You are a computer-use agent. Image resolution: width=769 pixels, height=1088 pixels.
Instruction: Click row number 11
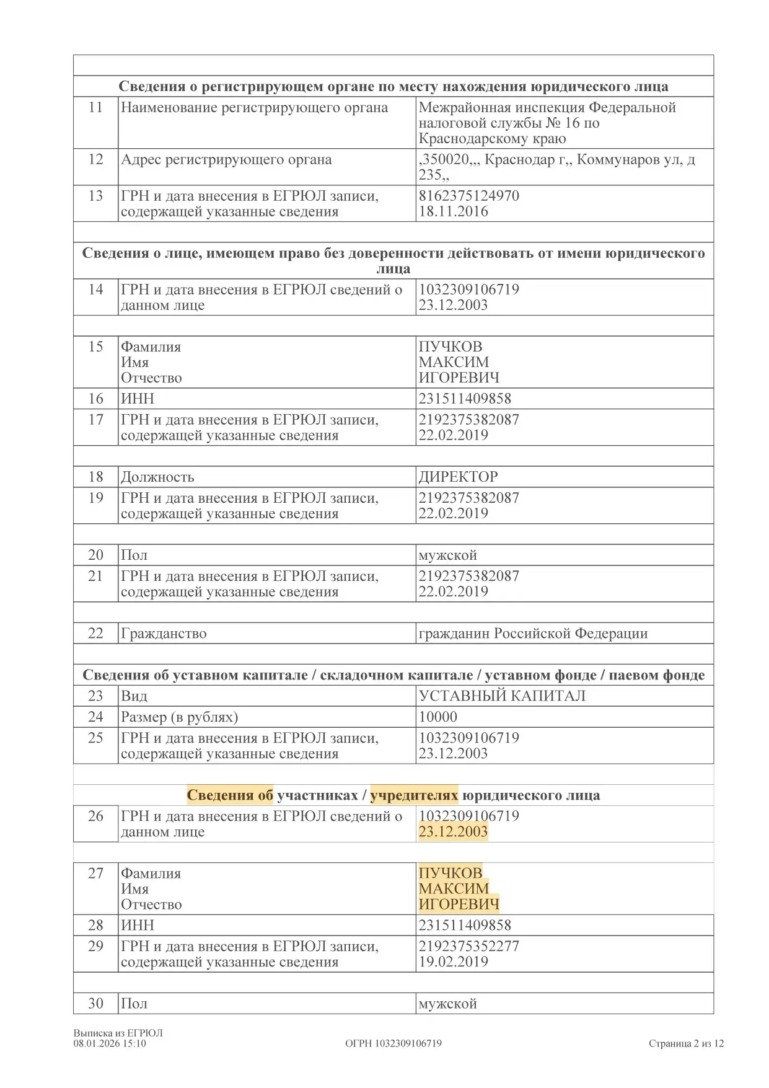[95, 107]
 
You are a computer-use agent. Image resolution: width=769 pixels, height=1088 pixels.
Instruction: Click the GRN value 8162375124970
[468, 196]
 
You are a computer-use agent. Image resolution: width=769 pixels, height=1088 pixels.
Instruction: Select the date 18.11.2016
[453, 211]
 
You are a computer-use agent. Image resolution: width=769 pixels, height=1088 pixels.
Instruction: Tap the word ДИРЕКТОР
[458, 477]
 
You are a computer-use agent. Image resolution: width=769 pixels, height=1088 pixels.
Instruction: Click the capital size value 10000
[437, 717]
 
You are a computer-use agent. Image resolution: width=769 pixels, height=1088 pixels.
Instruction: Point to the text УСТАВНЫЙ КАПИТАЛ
[501, 696]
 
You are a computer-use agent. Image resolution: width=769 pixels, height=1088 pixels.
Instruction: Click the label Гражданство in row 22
[164, 634]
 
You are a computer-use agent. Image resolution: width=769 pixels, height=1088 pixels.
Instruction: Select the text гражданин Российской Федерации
[533, 634]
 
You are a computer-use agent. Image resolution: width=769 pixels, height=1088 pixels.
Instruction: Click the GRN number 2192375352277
[468, 946]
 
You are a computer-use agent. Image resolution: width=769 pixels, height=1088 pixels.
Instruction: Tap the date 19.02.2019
[453, 962]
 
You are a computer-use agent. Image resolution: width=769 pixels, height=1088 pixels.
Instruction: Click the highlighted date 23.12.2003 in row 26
[453, 831]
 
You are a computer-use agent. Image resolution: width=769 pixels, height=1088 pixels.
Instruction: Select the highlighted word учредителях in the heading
[414, 795]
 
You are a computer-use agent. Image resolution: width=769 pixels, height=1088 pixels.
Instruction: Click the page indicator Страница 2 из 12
[686, 1043]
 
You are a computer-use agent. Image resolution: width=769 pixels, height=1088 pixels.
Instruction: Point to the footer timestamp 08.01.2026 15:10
[110, 1043]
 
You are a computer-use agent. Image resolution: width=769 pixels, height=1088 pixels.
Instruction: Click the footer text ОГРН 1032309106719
[393, 1043]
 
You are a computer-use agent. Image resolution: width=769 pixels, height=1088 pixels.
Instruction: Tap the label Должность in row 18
[157, 477]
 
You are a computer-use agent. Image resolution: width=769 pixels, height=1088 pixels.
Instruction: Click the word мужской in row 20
[447, 555]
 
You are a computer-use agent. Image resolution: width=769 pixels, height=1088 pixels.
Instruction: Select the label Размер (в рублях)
[179, 717]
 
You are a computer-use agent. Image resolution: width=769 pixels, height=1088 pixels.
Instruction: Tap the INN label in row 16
[138, 399]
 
